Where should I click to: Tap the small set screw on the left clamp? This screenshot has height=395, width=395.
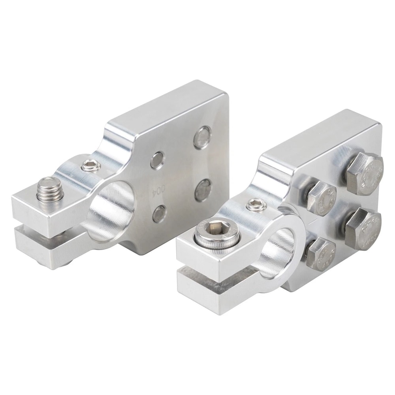coord(91,166)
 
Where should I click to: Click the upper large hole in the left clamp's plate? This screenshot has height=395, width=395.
coord(203,137)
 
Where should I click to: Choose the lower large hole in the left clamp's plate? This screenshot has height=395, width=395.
coord(203,190)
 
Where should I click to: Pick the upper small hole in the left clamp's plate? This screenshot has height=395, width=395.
coord(157,160)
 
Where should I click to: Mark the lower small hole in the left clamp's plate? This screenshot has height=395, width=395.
coord(159,214)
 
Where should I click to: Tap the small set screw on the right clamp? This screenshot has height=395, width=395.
coord(256,204)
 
